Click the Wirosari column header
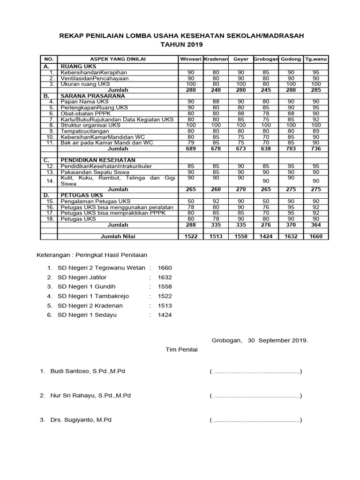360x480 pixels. click(x=191, y=59)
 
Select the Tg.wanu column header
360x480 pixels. click(x=316, y=59)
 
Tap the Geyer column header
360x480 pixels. click(x=241, y=59)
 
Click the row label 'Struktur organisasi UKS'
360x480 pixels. click(x=90, y=125)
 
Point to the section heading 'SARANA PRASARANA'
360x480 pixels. click(x=87, y=95)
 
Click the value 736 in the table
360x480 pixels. click(x=316, y=149)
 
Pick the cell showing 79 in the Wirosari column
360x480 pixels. click(x=191, y=142)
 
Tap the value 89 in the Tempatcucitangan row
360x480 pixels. click(x=316, y=131)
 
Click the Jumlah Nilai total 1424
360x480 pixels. click(x=266, y=237)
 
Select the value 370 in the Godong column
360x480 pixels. click(x=291, y=225)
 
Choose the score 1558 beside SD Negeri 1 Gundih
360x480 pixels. click(x=165, y=286)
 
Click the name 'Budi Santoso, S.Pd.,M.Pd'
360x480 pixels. click(x=88, y=371)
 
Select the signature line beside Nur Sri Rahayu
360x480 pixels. click(x=256, y=396)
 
